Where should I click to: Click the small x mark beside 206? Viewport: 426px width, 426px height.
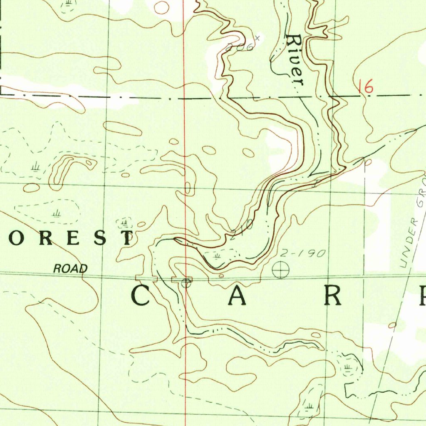(258, 38)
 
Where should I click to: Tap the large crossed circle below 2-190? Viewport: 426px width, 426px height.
(281, 270)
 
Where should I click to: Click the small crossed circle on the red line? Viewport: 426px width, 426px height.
(186, 284)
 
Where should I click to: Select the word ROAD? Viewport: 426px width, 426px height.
(71, 269)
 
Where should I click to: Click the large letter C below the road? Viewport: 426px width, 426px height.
(141, 296)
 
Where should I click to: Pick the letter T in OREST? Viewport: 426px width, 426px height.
(126, 238)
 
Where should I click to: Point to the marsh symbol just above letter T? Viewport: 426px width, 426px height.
(124, 223)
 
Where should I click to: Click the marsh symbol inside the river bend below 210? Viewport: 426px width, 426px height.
(217, 255)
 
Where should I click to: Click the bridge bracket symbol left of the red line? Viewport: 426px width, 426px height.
(146, 278)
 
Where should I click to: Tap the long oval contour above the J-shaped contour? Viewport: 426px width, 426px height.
(122, 128)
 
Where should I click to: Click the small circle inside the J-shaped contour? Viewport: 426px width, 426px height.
(89, 163)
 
